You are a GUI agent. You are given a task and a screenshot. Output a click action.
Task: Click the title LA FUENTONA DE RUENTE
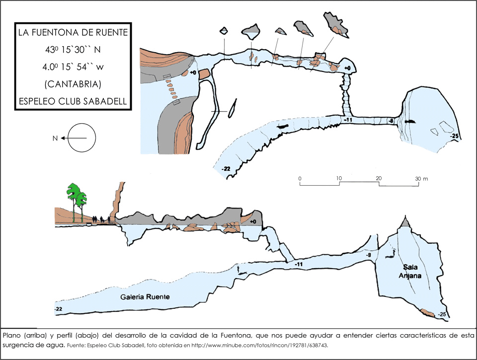pos(73,33)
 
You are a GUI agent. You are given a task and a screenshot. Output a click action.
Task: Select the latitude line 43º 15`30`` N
pos(73,50)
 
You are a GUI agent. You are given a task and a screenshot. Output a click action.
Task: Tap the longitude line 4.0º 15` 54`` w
pos(73,67)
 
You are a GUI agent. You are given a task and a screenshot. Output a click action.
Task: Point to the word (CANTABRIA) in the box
pos(73,83)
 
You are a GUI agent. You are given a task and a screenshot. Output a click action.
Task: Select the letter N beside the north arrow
pos(55,139)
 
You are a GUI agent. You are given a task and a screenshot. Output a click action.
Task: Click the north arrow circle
pos(82,138)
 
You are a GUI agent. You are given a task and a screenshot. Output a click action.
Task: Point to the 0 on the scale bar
pos(300,178)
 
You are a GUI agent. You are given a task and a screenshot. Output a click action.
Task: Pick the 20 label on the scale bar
pos(379,178)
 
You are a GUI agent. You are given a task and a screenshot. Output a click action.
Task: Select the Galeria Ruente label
pos(145,297)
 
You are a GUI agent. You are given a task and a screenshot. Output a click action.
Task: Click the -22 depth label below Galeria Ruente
pos(59,309)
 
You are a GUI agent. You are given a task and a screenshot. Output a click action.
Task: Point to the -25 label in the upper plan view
pos(453,135)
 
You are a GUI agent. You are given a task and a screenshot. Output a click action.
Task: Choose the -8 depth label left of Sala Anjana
pos(368,255)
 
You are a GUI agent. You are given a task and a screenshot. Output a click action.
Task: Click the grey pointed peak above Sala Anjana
pos(406,222)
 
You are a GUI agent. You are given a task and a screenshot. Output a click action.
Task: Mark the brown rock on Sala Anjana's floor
pos(427,313)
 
